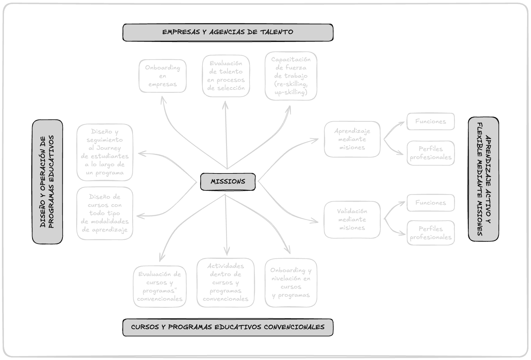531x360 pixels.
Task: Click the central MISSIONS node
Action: click(x=228, y=182)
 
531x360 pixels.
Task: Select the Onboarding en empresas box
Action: click(x=162, y=76)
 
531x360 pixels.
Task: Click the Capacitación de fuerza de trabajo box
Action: click(x=291, y=76)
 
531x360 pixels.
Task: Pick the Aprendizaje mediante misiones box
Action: click(x=352, y=139)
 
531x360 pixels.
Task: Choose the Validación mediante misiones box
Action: click(x=352, y=220)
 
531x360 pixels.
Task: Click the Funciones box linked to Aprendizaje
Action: click(x=430, y=122)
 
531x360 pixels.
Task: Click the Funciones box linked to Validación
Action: click(x=430, y=203)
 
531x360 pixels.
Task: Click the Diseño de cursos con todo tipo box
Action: click(x=105, y=213)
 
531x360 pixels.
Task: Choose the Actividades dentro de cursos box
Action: click(x=225, y=283)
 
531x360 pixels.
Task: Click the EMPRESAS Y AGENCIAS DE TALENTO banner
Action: click(x=228, y=32)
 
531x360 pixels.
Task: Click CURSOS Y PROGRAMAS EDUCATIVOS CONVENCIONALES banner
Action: click(x=228, y=327)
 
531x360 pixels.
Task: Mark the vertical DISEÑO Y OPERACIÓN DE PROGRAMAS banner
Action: click(x=47, y=182)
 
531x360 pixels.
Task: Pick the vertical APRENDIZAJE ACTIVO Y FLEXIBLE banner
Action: click(x=484, y=179)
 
